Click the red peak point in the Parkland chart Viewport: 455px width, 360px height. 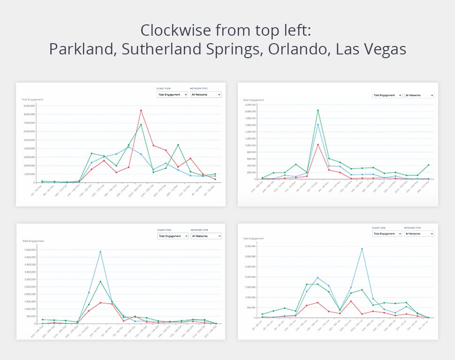pos(141,110)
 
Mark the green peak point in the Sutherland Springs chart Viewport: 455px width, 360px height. pos(318,110)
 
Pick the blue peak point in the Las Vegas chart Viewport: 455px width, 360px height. pos(100,252)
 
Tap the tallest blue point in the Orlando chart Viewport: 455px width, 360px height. pos(362,248)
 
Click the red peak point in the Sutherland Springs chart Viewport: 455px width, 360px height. pos(318,145)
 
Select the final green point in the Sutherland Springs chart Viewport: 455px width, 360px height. pos(428,165)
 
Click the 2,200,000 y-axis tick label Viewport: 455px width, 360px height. pos(250,105)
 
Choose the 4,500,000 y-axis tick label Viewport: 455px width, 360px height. pos(29,257)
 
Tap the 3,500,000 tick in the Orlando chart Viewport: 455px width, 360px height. pos(250,246)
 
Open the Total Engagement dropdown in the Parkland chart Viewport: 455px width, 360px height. pos(172,94)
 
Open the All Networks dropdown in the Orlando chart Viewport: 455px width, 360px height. pos(419,233)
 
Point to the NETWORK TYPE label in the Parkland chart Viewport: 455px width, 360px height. pos(198,88)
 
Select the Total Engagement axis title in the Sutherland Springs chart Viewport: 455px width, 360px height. pos(253,100)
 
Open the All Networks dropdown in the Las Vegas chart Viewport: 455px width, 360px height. pos(206,236)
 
